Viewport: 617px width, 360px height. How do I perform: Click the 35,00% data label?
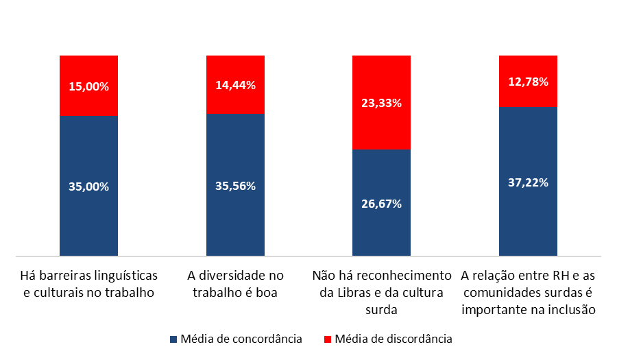click(x=89, y=187)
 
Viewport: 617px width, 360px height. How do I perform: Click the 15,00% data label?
click(x=89, y=87)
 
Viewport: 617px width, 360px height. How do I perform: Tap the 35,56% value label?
click(x=235, y=186)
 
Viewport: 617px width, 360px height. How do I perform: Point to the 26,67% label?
click(x=381, y=204)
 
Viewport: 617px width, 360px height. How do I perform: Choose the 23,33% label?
click(x=381, y=103)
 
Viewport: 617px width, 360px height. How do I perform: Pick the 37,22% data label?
click(x=528, y=183)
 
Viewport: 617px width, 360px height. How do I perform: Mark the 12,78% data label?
click(x=528, y=82)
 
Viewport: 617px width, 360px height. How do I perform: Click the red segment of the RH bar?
click(x=528, y=96)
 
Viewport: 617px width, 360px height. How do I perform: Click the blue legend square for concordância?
click(x=173, y=339)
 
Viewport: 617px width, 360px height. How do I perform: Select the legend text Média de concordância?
click(x=241, y=339)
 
